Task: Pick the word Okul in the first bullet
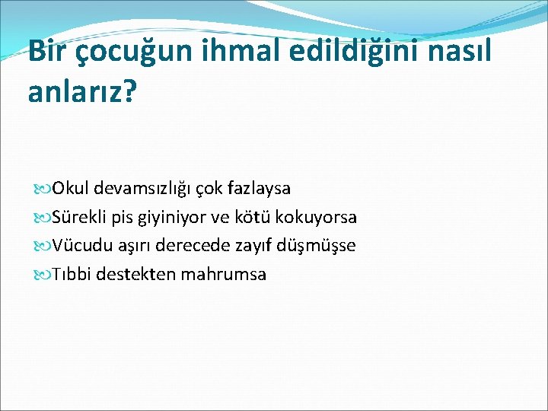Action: click(x=70, y=188)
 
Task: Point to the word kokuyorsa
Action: click(x=314, y=217)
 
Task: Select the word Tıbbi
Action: click(x=73, y=274)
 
